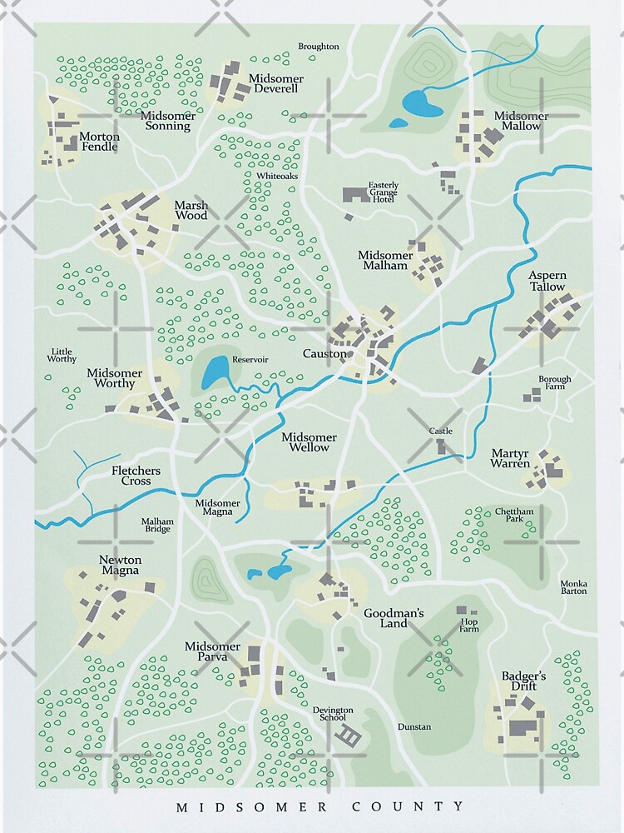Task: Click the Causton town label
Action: (x=324, y=354)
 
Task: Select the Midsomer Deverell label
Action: (x=275, y=83)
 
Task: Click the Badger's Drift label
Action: (x=523, y=681)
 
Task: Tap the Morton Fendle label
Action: (x=99, y=142)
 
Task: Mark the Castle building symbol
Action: (x=441, y=447)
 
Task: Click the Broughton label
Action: (x=319, y=47)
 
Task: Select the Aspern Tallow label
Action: (x=547, y=281)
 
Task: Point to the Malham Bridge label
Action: (x=156, y=525)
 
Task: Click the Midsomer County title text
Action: (x=321, y=806)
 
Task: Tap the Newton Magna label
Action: (x=121, y=565)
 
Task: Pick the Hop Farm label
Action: (x=470, y=625)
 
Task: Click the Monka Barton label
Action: (x=573, y=586)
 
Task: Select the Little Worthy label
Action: (x=63, y=355)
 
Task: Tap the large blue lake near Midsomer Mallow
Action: (x=422, y=104)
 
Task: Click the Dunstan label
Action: (x=414, y=726)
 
